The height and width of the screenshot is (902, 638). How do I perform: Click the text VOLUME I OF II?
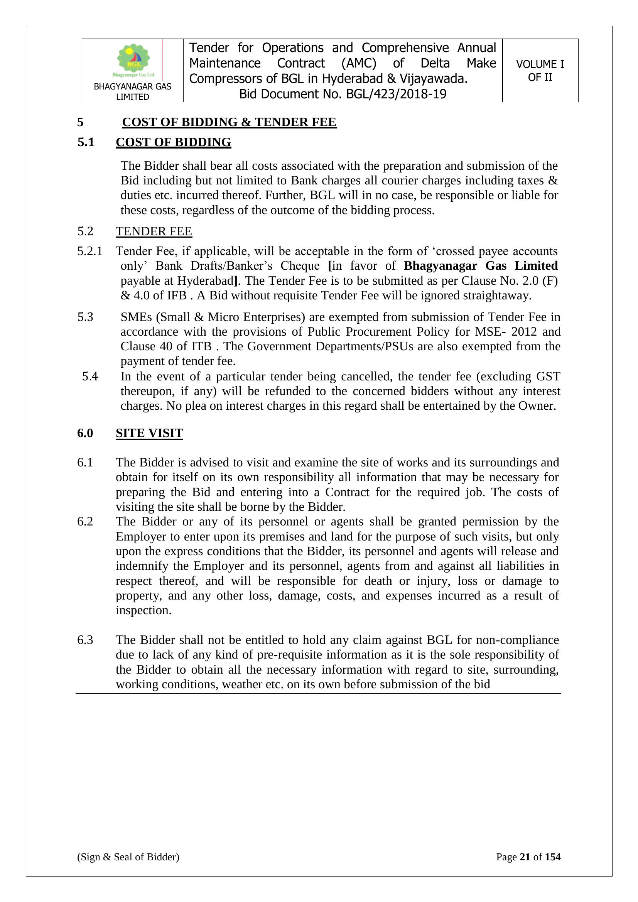540,71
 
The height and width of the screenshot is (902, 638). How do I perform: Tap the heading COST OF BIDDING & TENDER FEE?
229,122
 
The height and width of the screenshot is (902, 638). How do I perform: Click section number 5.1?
86,142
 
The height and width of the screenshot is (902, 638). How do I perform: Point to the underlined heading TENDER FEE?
154,231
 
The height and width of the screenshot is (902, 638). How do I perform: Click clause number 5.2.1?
89,251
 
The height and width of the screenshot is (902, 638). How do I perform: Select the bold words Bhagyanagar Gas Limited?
481,266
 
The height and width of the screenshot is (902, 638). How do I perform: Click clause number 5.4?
90,377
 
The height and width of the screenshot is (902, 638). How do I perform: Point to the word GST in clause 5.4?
548,377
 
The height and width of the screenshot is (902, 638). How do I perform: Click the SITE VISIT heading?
149,433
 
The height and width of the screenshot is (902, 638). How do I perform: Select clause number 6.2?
85,522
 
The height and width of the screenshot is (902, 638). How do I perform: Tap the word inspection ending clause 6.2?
143,610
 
